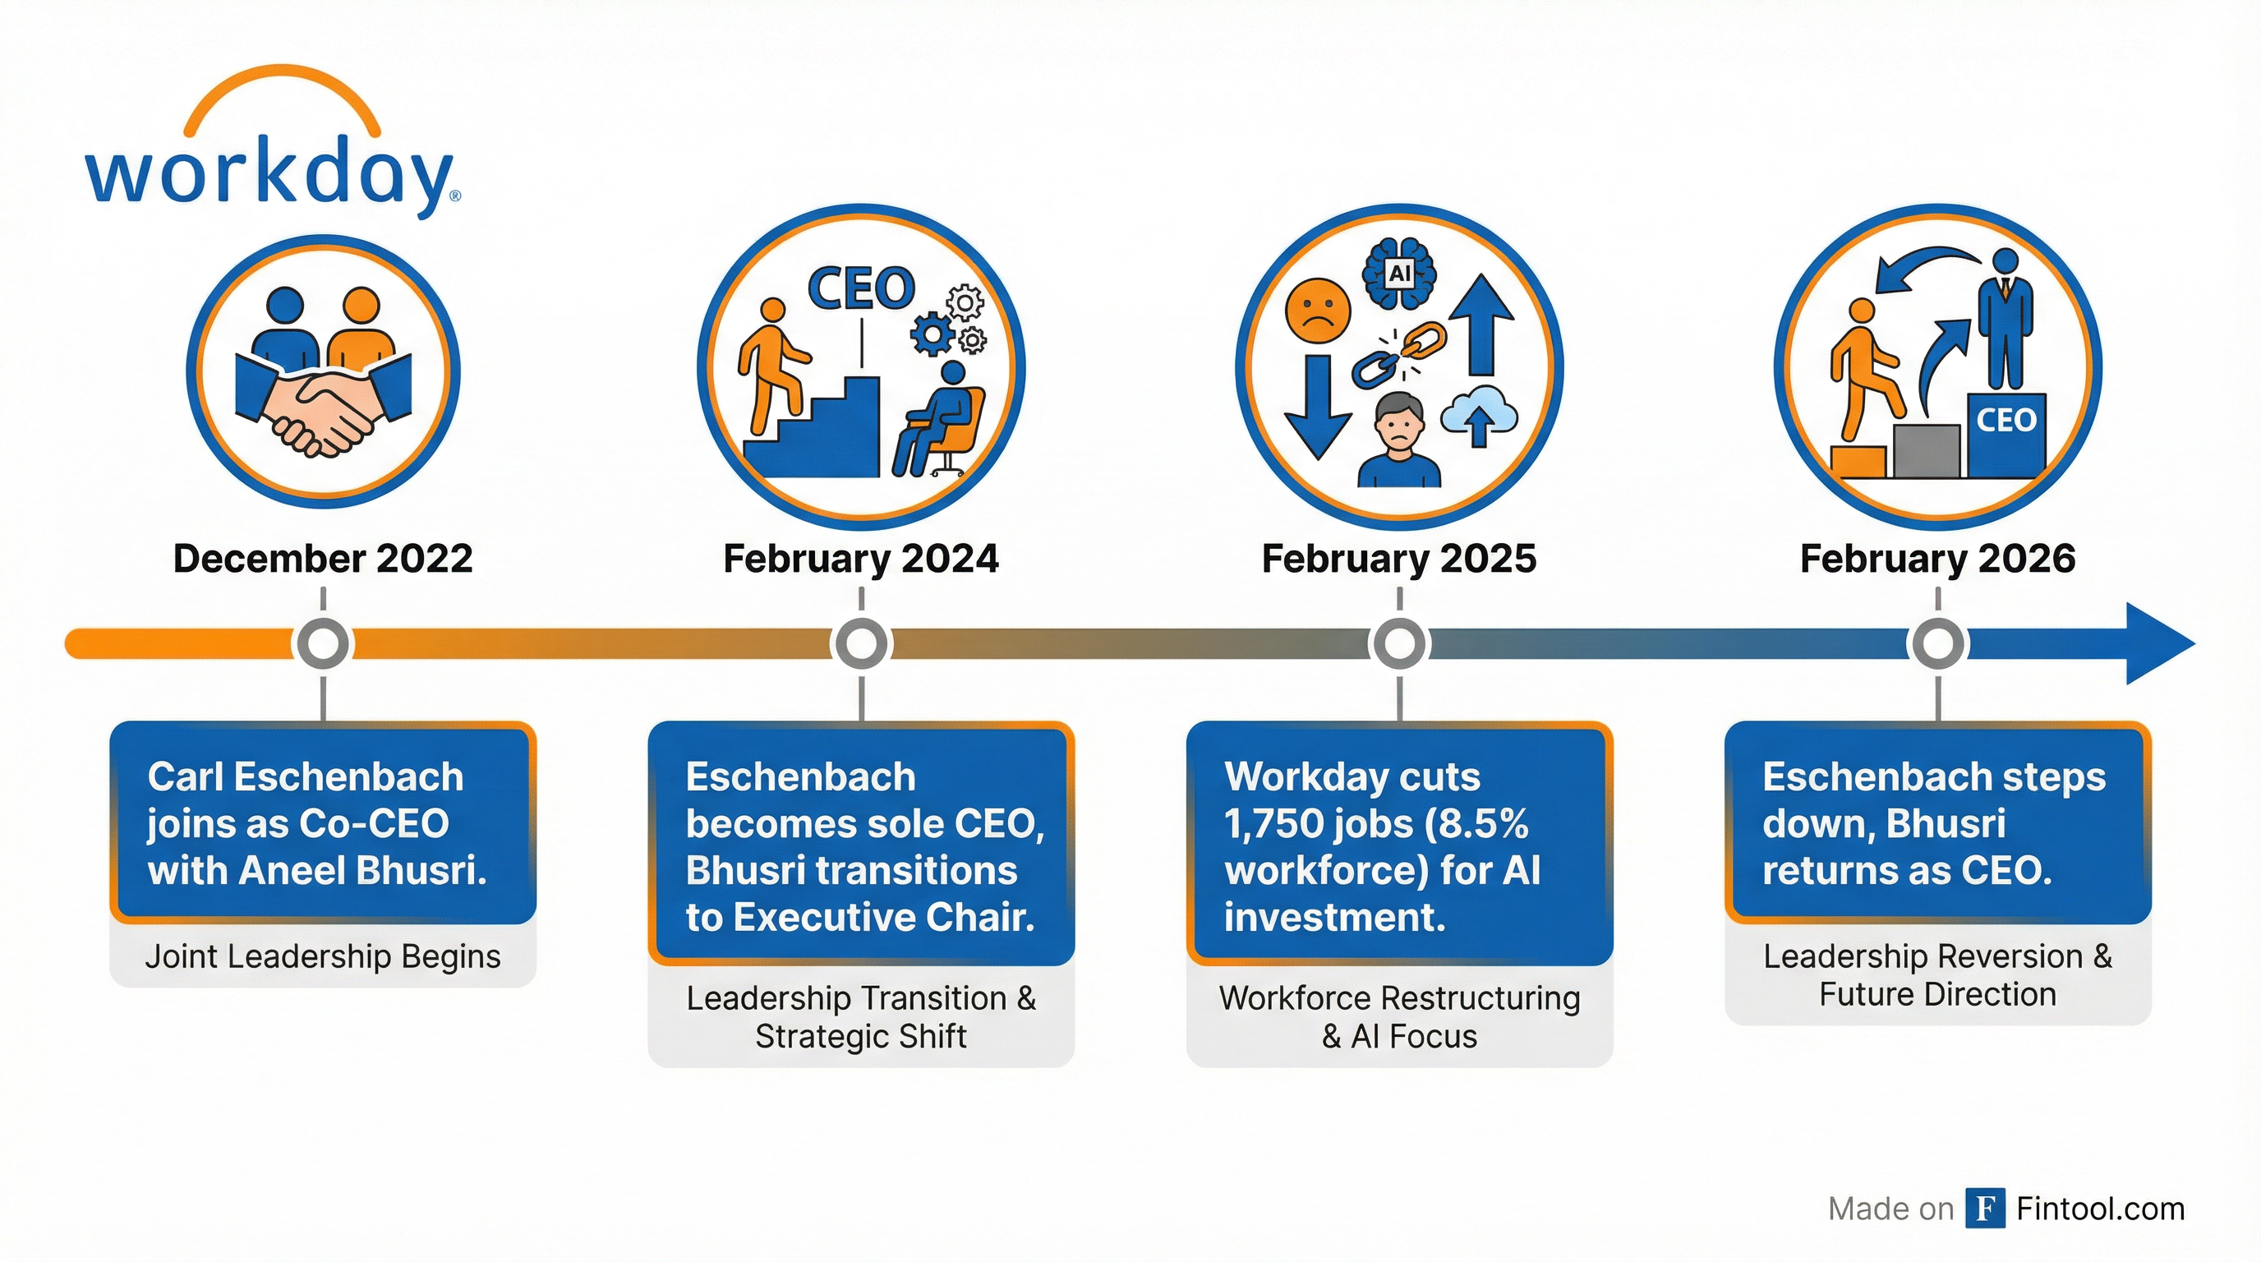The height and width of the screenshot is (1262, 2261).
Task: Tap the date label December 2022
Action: (x=323, y=558)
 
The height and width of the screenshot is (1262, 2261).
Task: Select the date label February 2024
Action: (x=860, y=558)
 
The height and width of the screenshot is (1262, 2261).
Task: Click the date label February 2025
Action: (x=1399, y=558)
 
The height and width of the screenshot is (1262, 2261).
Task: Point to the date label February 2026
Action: (x=1937, y=558)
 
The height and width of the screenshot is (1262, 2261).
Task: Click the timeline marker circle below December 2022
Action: (x=323, y=644)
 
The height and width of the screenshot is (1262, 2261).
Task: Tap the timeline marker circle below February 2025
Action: (x=1399, y=644)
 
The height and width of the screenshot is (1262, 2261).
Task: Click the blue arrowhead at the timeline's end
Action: (x=2157, y=644)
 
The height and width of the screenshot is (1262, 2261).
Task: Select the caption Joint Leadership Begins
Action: (x=323, y=956)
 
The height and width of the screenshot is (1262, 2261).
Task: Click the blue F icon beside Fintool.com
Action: (x=1984, y=1209)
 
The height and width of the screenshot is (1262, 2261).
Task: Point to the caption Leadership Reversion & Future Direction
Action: (x=1937, y=975)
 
